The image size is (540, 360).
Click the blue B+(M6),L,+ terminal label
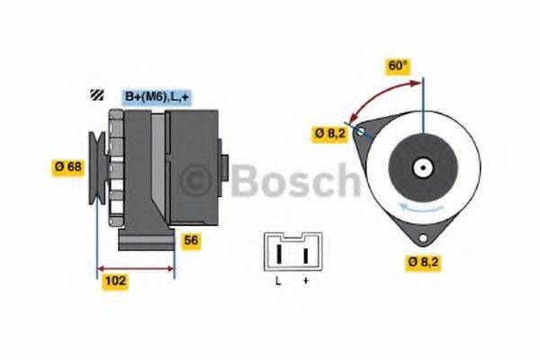tap(156, 95)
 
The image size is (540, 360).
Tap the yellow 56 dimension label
tap(191, 240)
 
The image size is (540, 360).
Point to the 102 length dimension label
tap(115, 281)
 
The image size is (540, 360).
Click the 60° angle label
tap(399, 66)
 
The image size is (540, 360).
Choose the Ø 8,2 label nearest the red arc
tap(328, 134)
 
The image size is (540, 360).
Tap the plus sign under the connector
tap(306, 282)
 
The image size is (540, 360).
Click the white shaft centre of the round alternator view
tap(422, 166)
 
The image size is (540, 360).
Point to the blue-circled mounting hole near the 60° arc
tap(361, 132)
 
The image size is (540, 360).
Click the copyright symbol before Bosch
tap(201, 181)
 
